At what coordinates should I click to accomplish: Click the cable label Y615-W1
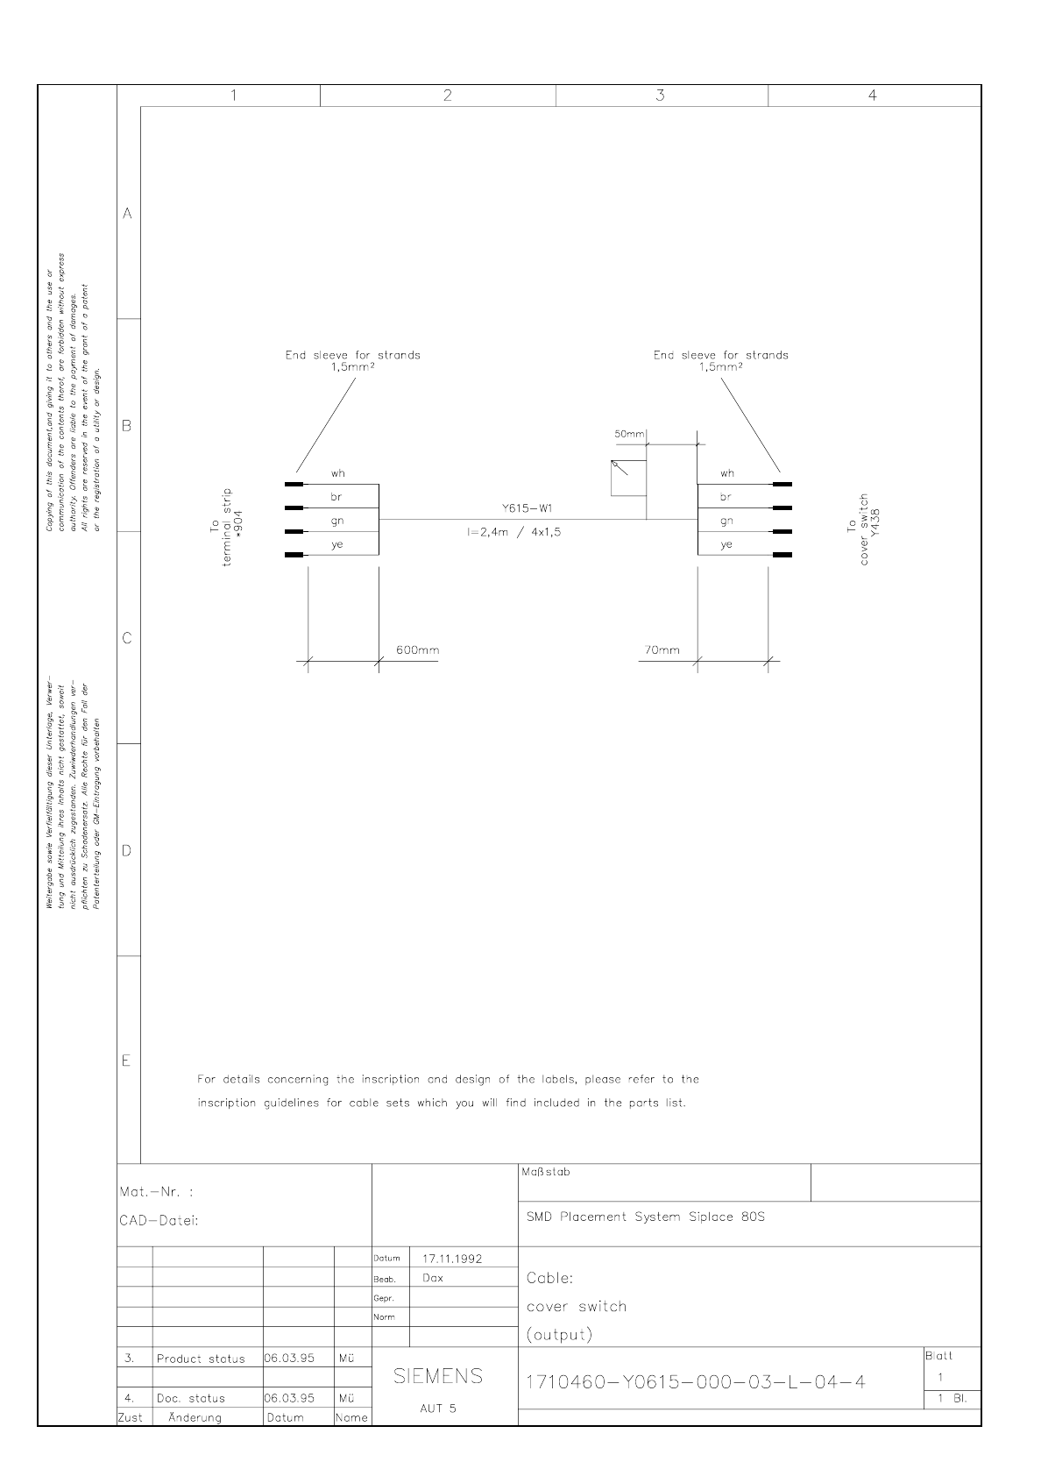527,508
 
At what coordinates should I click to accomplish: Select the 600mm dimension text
417,650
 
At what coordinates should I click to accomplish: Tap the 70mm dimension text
662,650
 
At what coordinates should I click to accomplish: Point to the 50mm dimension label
629,434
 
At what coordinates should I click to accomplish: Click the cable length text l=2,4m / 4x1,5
513,531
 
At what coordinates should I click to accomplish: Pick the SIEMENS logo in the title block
438,1376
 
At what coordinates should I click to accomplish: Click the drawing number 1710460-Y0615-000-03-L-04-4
696,1382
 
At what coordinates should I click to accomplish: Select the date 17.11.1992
452,1259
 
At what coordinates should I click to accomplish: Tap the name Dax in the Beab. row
433,1278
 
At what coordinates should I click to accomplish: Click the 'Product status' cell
201,1359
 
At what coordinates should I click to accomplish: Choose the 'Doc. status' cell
191,1399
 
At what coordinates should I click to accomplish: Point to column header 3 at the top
661,96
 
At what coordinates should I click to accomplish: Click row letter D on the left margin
127,851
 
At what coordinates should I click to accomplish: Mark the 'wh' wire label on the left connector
337,473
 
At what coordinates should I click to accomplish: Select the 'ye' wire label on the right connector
726,545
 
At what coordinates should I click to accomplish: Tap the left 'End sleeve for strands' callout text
352,360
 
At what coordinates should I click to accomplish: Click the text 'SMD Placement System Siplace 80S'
646,1217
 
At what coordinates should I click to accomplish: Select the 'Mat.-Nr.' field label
156,1192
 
